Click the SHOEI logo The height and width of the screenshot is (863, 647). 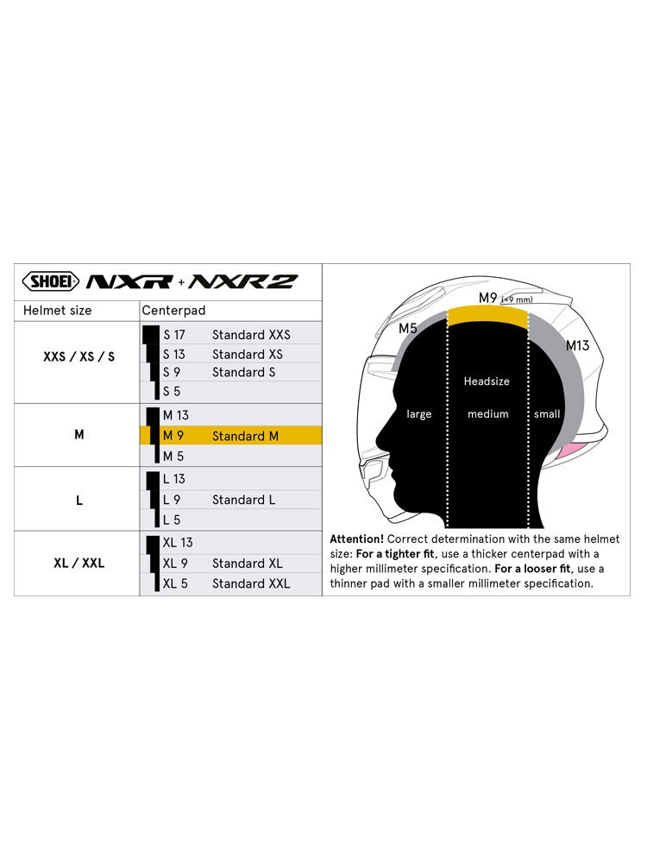tap(50, 281)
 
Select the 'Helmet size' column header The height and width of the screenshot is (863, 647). tap(57, 310)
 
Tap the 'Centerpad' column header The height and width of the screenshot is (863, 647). tap(173, 310)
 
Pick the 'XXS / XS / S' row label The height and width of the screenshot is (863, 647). tap(79, 356)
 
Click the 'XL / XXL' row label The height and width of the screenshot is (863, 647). tap(79, 563)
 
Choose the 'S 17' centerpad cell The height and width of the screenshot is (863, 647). tap(174, 335)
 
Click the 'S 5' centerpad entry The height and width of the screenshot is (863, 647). tap(172, 392)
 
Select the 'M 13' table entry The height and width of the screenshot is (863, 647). tap(176, 415)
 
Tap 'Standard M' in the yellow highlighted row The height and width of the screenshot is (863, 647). tap(245, 436)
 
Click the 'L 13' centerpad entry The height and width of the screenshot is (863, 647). tap(173, 479)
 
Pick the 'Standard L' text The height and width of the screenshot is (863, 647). tap(243, 500)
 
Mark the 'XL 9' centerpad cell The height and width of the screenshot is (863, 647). tap(175, 564)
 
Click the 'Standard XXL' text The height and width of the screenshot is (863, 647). tap(251, 583)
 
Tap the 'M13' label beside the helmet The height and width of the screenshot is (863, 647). tap(577, 345)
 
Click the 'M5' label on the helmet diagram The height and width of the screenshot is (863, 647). tap(408, 329)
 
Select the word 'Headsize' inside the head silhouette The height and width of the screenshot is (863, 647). tap(487, 381)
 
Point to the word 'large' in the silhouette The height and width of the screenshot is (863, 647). tap(419, 414)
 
